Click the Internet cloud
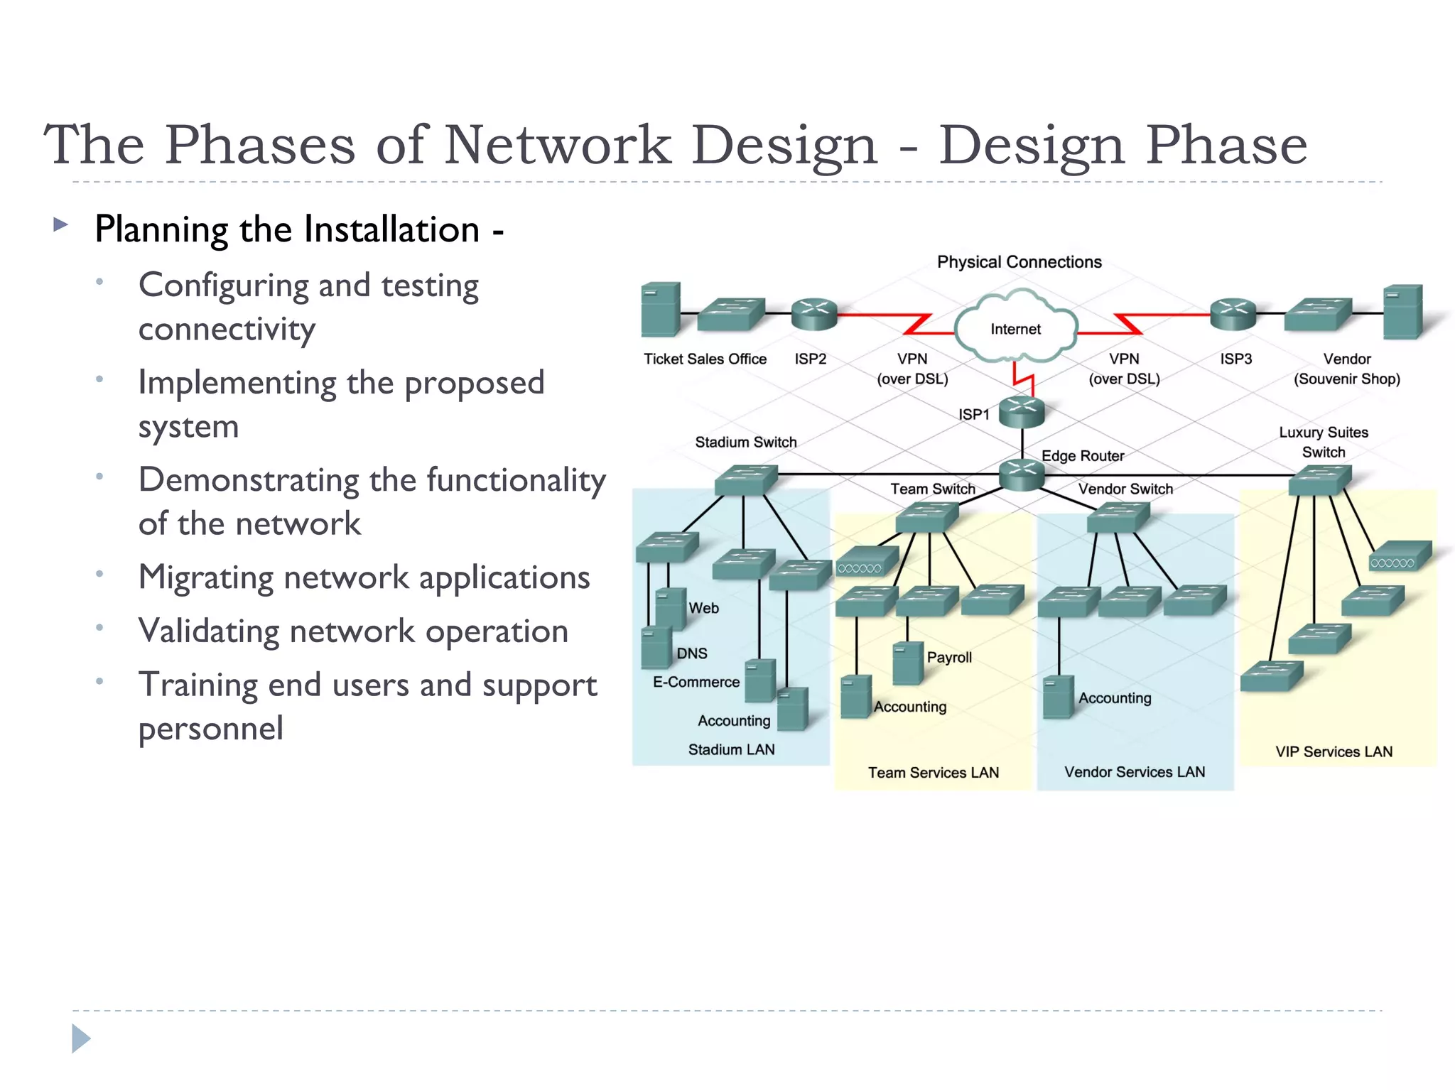[x=1016, y=329]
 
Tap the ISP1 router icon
[x=1022, y=412]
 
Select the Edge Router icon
[x=1022, y=474]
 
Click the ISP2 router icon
[x=814, y=314]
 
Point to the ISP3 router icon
[x=1233, y=314]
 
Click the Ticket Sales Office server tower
[x=660, y=310]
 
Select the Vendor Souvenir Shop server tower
[x=1403, y=312]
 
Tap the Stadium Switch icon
[x=745, y=480]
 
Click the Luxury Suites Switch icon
[x=1320, y=480]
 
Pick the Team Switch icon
[x=927, y=517]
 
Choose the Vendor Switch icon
[x=1118, y=517]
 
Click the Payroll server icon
[x=907, y=663]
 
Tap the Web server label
[x=703, y=608]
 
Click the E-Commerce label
[x=696, y=682]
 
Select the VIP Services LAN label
[x=1334, y=751]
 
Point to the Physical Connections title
[x=1019, y=262]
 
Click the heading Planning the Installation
[x=288, y=229]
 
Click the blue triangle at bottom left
[x=81, y=1038]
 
